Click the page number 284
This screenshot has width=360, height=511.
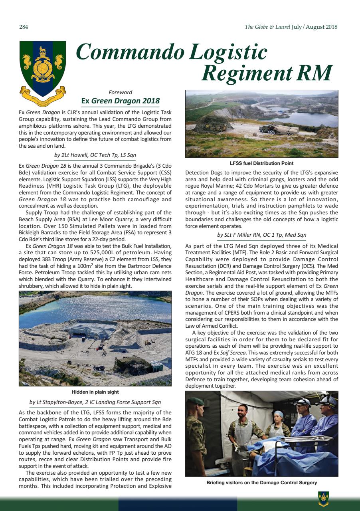click(23, 27)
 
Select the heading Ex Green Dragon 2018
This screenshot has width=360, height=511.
click(120, 101)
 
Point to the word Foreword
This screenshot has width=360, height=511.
click(120, 92)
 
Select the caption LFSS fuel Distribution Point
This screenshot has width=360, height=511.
click(261, 163)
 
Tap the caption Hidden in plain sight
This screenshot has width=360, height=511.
click(95, 392)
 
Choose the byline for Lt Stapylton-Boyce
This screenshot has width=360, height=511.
click(95, 402)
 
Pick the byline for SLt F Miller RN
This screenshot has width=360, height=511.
click(261, 235)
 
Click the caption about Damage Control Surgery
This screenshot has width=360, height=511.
click(261, 483)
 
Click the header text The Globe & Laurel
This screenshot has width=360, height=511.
click(267, 27)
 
